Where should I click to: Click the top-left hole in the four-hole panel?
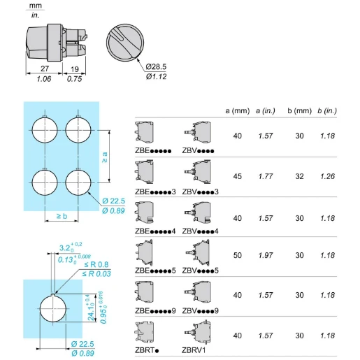pos(43,130)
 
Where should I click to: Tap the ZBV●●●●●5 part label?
pos(200,271)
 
